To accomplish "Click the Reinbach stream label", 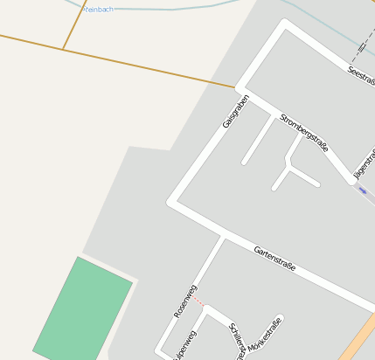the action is point(99,9).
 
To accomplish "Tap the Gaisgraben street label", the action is point(235,112).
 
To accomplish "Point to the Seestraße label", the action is point(361,75).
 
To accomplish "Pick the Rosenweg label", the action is point(185,300).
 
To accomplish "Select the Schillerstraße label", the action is point(236,341).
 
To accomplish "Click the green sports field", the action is point(83,309).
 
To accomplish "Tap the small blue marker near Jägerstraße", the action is point(363,190).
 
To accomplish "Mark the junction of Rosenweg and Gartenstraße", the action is point(223,238).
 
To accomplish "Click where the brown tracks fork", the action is point(64,48).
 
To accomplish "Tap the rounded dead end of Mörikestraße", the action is point(280,320).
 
